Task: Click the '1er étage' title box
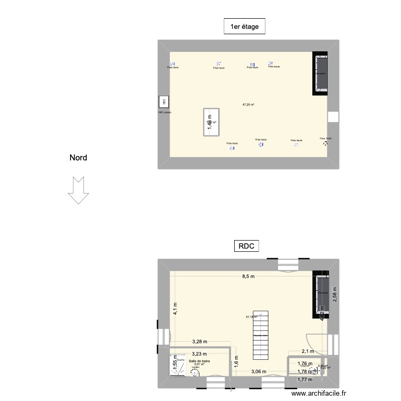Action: pos(244,26)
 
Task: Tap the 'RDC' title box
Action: pos(246,246)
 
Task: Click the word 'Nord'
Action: pos(78,158)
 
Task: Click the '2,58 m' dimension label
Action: pos(335,294)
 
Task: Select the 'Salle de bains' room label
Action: pos(200,361)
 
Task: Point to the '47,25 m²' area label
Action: pos(248,105)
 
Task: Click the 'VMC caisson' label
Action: pos(164,113)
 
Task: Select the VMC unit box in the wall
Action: pos(164,102)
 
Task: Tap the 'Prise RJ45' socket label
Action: pos(326,138)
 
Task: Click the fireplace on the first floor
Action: pos(320,74)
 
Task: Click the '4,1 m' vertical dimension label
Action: pos(174,309)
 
